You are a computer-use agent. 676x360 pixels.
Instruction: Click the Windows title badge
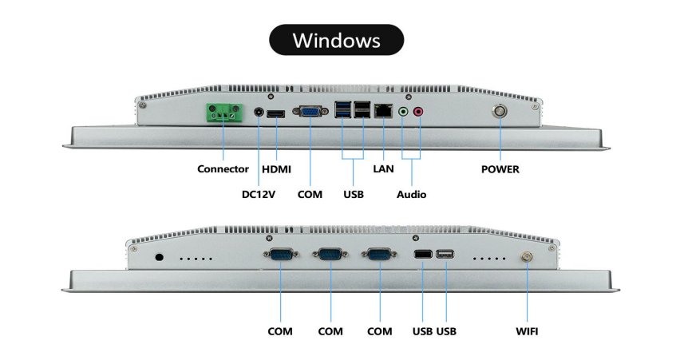(x=336, y=40)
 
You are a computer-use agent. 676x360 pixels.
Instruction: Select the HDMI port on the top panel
(x=276, y=114)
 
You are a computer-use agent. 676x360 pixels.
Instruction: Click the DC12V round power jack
(x=259, y=113)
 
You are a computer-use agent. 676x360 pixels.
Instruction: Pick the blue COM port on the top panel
(x=309, y=113)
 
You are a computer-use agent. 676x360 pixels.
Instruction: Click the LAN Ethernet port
(x=383, y=113)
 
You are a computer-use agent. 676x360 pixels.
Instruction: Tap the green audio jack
(x=403, y=113)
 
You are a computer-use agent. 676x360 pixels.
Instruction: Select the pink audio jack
(x=417, y=113)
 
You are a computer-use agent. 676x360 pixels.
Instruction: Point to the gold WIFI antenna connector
(x=527, y=256)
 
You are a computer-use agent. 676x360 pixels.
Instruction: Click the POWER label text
(x=500, y=169)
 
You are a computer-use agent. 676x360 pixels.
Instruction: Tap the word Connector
(x=223, y=169)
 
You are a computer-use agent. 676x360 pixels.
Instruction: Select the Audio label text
(x=411, y=194)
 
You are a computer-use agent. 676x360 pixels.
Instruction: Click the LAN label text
(x=383, y=169)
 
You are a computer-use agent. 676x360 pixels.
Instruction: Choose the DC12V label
(x=259, y=194)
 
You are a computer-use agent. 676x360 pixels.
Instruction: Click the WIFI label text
(x=527, y=330)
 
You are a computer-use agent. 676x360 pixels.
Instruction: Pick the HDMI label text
(x=276, y=169)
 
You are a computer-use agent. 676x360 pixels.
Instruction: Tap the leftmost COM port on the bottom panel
(x=280, y=255)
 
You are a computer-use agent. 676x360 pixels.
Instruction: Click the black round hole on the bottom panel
(x=158, y=258)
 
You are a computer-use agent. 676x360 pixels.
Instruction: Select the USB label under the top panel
(x=354, y=194)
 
